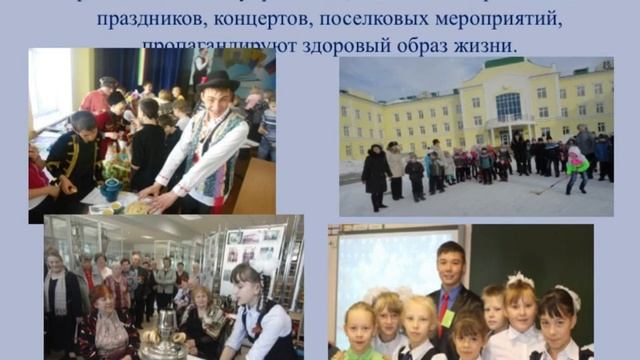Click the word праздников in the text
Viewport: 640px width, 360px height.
click(143, 19)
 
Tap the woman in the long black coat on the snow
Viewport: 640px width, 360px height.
click(376, 171)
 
